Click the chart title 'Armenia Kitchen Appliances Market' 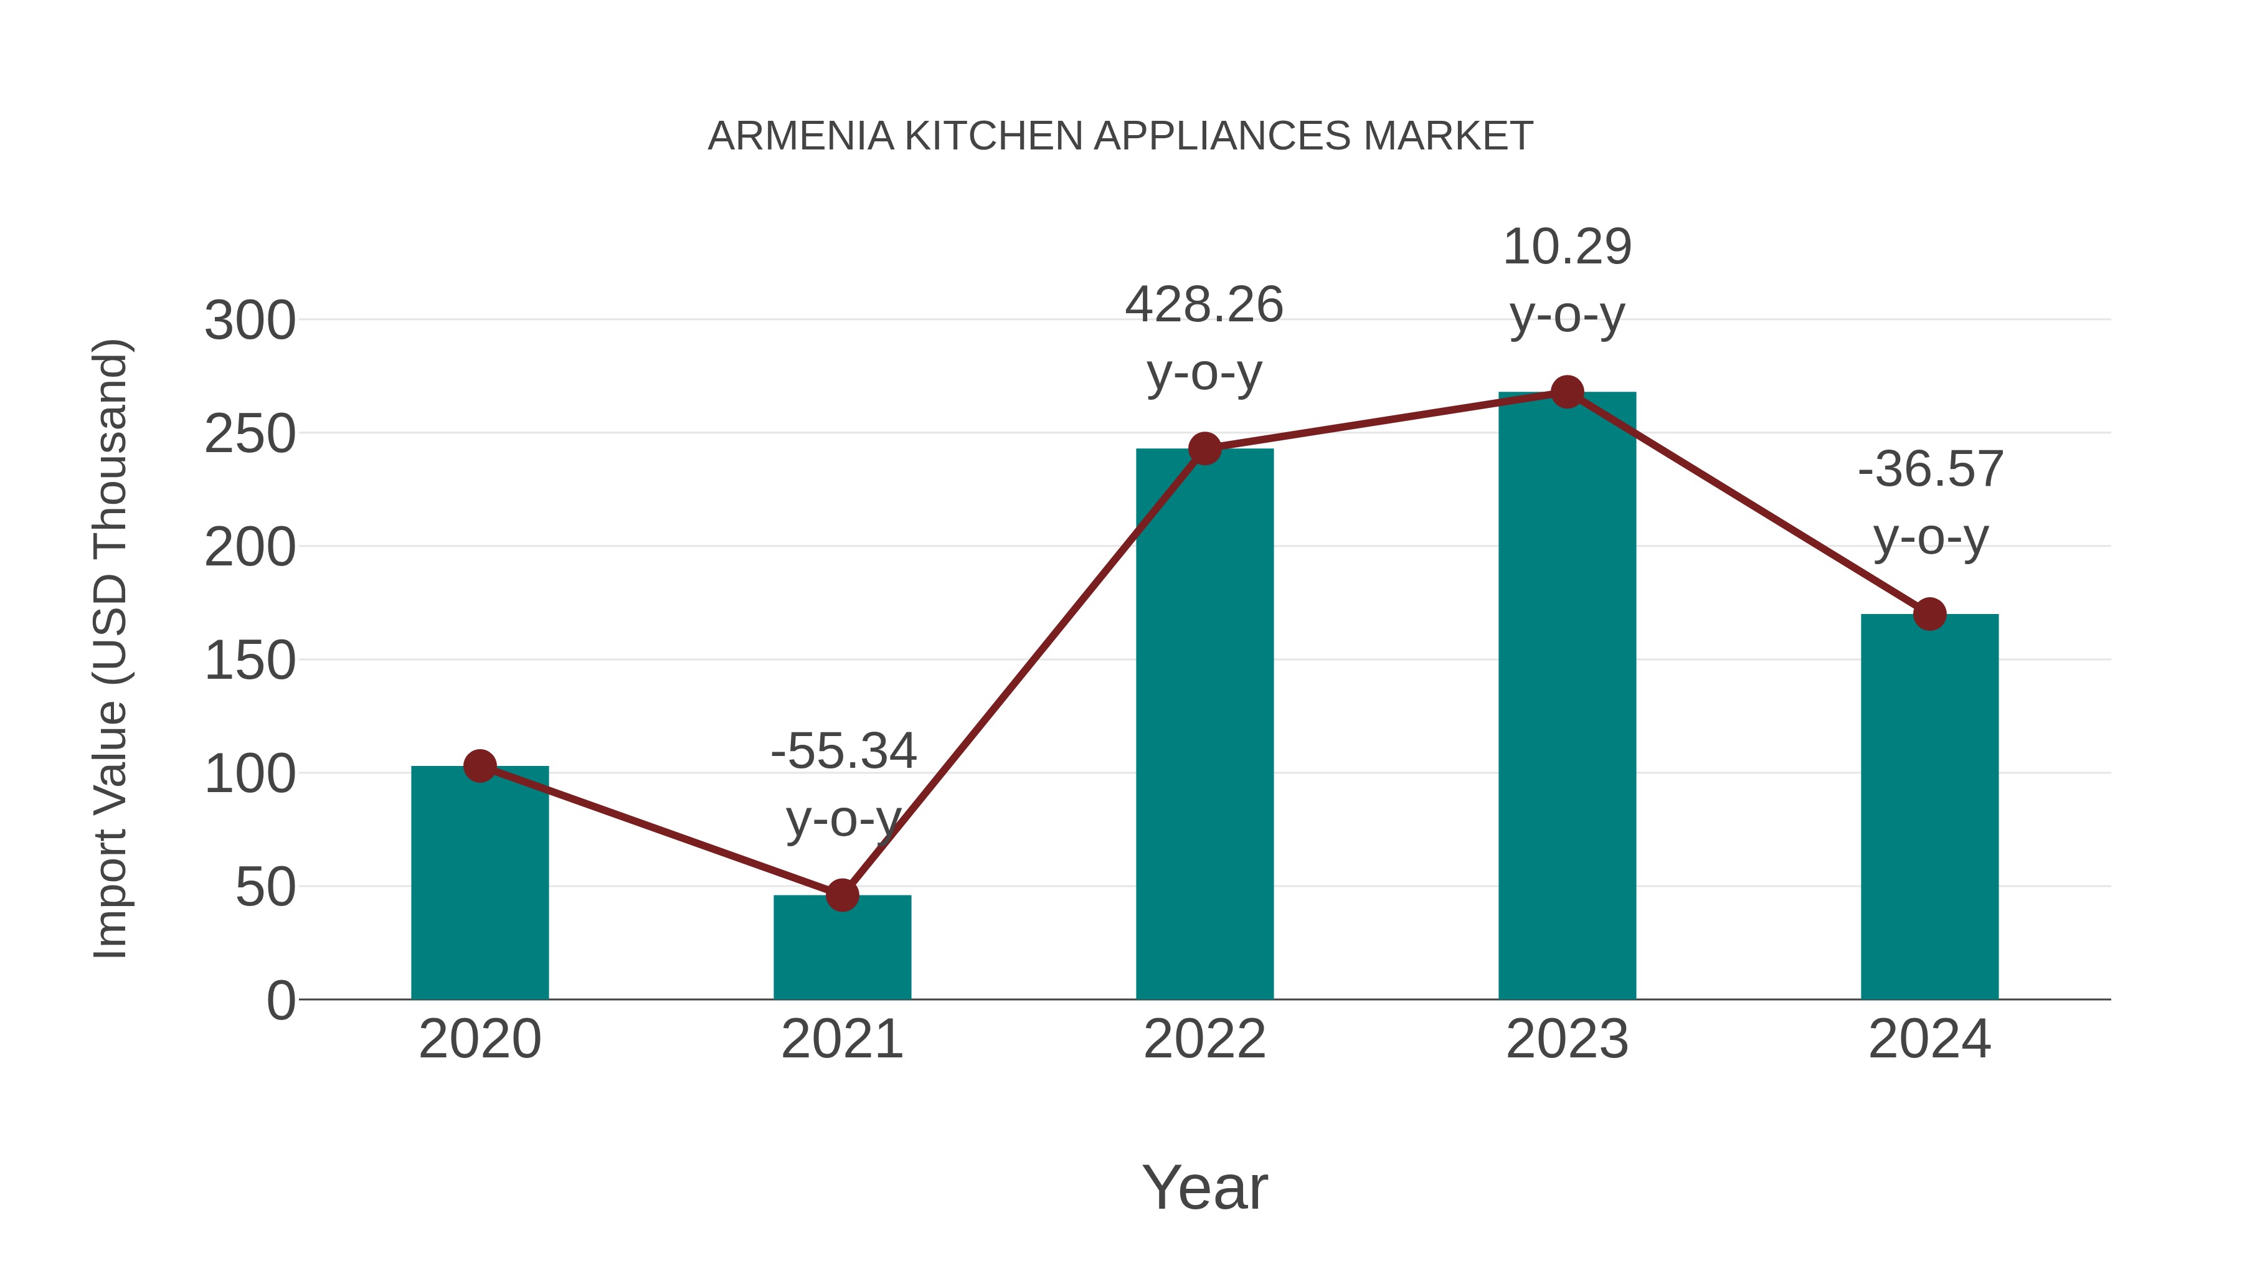[1120, 136]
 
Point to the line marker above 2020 [480, 766]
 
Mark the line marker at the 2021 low [841, 895]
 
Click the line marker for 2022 [1204, 448]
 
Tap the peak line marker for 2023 [1567, 392]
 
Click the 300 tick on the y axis [250, 320]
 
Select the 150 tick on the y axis [250, 661]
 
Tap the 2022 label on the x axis [1204, 1039]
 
